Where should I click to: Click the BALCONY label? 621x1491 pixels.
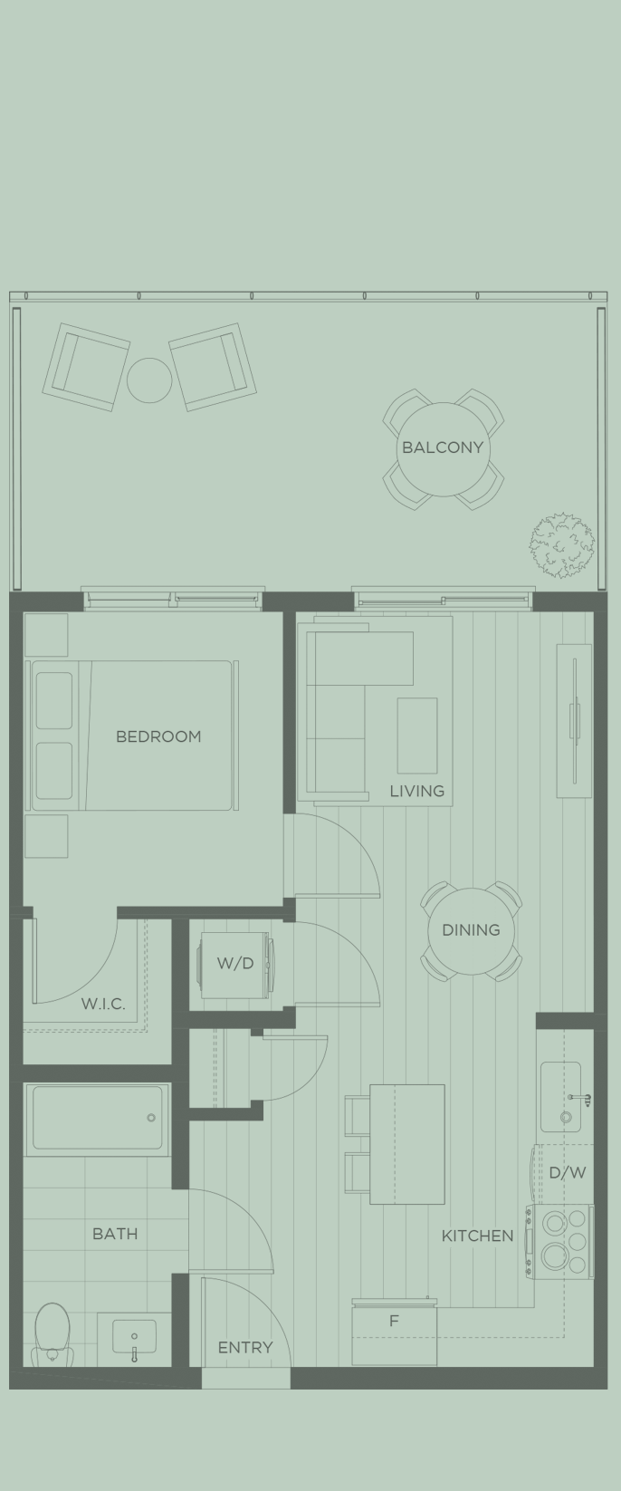pos(443,447)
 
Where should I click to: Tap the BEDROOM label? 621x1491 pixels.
pos(158,736)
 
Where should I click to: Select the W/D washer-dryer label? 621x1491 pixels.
pos(234,964)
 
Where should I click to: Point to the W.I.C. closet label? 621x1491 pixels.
pos(103,1004)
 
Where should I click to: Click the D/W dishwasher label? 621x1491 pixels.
pos(568,1172)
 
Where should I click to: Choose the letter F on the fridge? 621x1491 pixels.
pos(394,1322)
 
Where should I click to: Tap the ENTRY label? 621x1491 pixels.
pos(244,1348)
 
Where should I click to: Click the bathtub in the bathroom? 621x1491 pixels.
pos(98,1119)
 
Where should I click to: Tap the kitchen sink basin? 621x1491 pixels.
pos(560,1096)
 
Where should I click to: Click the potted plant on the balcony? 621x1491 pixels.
pos(562,543)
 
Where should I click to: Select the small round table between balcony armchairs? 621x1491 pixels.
pos(149,380)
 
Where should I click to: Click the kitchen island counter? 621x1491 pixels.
pos(407,1144)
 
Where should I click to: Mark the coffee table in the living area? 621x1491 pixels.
pos(416,735)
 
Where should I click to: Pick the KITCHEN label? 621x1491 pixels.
pos(477,1236)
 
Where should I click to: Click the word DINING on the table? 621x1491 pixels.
pos(471,930)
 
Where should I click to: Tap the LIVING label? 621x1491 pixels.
pos(416,791)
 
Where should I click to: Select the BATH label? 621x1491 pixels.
pos(115,1234)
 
